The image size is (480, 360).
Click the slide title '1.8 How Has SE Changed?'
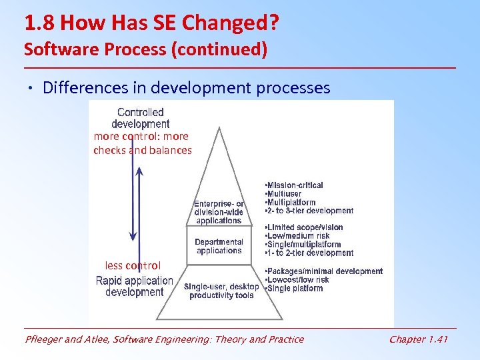151,25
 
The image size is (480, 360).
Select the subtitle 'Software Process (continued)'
145,49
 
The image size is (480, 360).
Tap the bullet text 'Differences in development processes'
186,88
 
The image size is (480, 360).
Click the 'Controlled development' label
140,118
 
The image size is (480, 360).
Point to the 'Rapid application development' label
135,287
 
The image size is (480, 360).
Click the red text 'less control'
133,265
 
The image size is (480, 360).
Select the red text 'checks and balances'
142,151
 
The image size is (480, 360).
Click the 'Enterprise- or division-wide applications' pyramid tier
219,212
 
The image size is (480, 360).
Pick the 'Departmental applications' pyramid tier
219,246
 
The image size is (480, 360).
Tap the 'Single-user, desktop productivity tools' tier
221,291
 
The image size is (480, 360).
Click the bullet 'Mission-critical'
295,185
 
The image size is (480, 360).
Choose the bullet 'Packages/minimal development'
324,271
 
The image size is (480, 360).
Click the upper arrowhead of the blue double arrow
138,171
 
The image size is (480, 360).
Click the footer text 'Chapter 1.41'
418,339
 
